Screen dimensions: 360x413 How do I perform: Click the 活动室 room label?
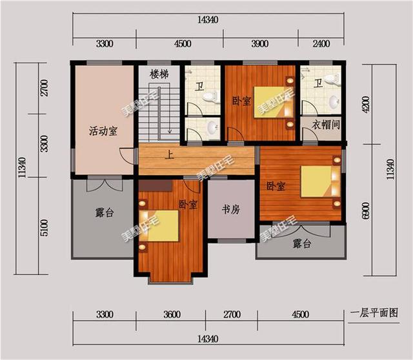point(103,132)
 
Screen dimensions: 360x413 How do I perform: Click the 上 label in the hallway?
point(170,155)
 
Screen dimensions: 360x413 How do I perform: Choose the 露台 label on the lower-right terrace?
point(302,243)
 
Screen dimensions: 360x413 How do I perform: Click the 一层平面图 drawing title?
point(374,312)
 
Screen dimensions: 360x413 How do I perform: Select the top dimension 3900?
point(259,44)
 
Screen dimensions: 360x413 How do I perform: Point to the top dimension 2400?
point(320,44)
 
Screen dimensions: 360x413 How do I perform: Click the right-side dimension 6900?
point(366,211)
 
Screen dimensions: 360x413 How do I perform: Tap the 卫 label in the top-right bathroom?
point(318,84)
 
